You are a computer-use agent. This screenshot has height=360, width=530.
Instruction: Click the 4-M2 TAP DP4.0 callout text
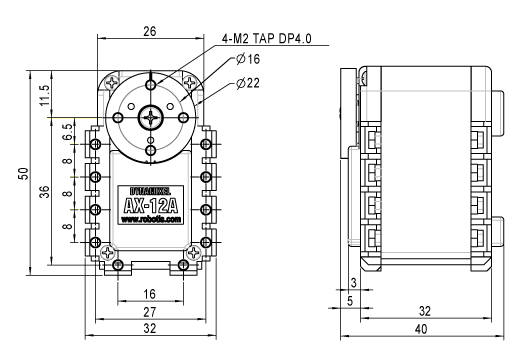[266, 39]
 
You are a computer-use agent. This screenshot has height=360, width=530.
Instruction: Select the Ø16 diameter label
[248, 59]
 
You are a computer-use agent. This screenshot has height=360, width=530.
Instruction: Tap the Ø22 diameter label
[248, 83]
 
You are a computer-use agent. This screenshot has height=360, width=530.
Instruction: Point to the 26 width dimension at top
[150, 31]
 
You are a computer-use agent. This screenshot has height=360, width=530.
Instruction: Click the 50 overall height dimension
[24, 173]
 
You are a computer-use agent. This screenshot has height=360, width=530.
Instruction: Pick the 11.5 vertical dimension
[45, 95]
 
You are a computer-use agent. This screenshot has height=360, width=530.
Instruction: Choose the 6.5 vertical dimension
[68, 131]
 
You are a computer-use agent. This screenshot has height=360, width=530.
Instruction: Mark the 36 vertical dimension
[45, 192]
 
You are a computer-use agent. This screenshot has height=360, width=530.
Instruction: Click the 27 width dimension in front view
[150, 312]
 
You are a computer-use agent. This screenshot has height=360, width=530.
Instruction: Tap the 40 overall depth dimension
[421, 329]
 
